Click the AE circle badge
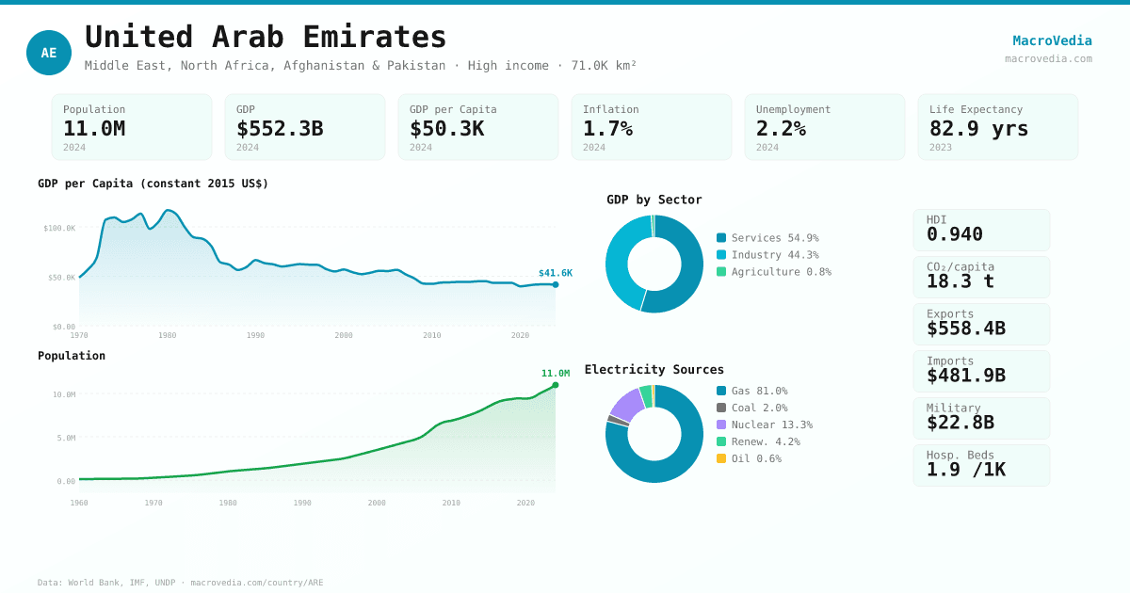click(x=49, y=53)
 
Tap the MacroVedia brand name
click(x=1052, y=40)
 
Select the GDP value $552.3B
click(x=280, y=128)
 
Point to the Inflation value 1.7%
click(x=607, y=128)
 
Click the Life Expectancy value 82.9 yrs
click(x=978, y=128)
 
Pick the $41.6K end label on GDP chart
click(x=555, y=273)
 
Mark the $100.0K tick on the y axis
click(x=59, y=228)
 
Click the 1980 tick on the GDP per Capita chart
click(x=167, y=335)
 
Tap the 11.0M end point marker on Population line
click(x=556, y=385)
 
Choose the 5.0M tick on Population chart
click(x=66, y=438)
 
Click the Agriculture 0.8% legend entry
click(x=773, y=272)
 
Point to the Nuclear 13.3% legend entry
click(x=764, y=425)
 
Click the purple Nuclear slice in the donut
click(x=627, y=404)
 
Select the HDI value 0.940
click(x=954, y=234)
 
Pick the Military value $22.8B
click(x=960, y=423)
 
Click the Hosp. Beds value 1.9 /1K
click(x=965, y=470)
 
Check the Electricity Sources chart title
click(x=654, y=369)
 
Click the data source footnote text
click(x=180, y=583)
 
